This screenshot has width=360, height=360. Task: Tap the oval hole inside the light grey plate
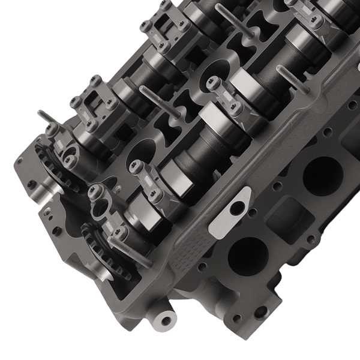point(239,206)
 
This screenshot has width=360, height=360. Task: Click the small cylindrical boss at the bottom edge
point(163,317)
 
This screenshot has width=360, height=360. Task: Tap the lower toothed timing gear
point(102,252)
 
